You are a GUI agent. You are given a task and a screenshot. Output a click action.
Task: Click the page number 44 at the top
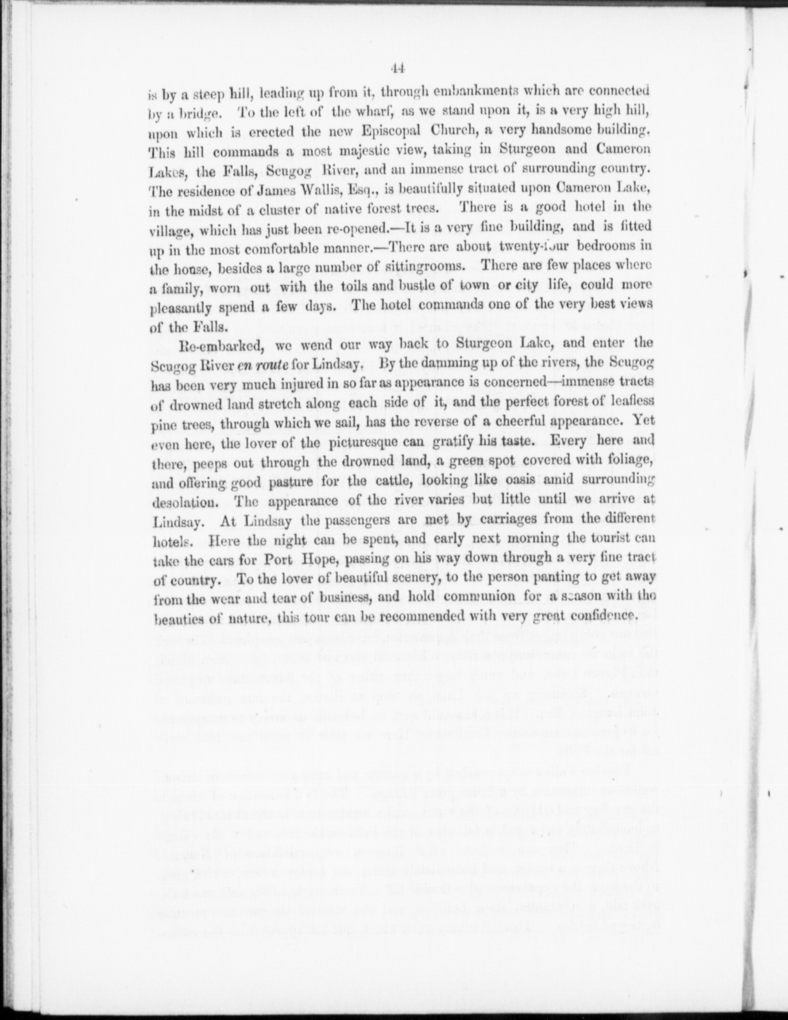coord(397,69)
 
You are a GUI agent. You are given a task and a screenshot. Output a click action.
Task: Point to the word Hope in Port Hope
coord(323,559)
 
